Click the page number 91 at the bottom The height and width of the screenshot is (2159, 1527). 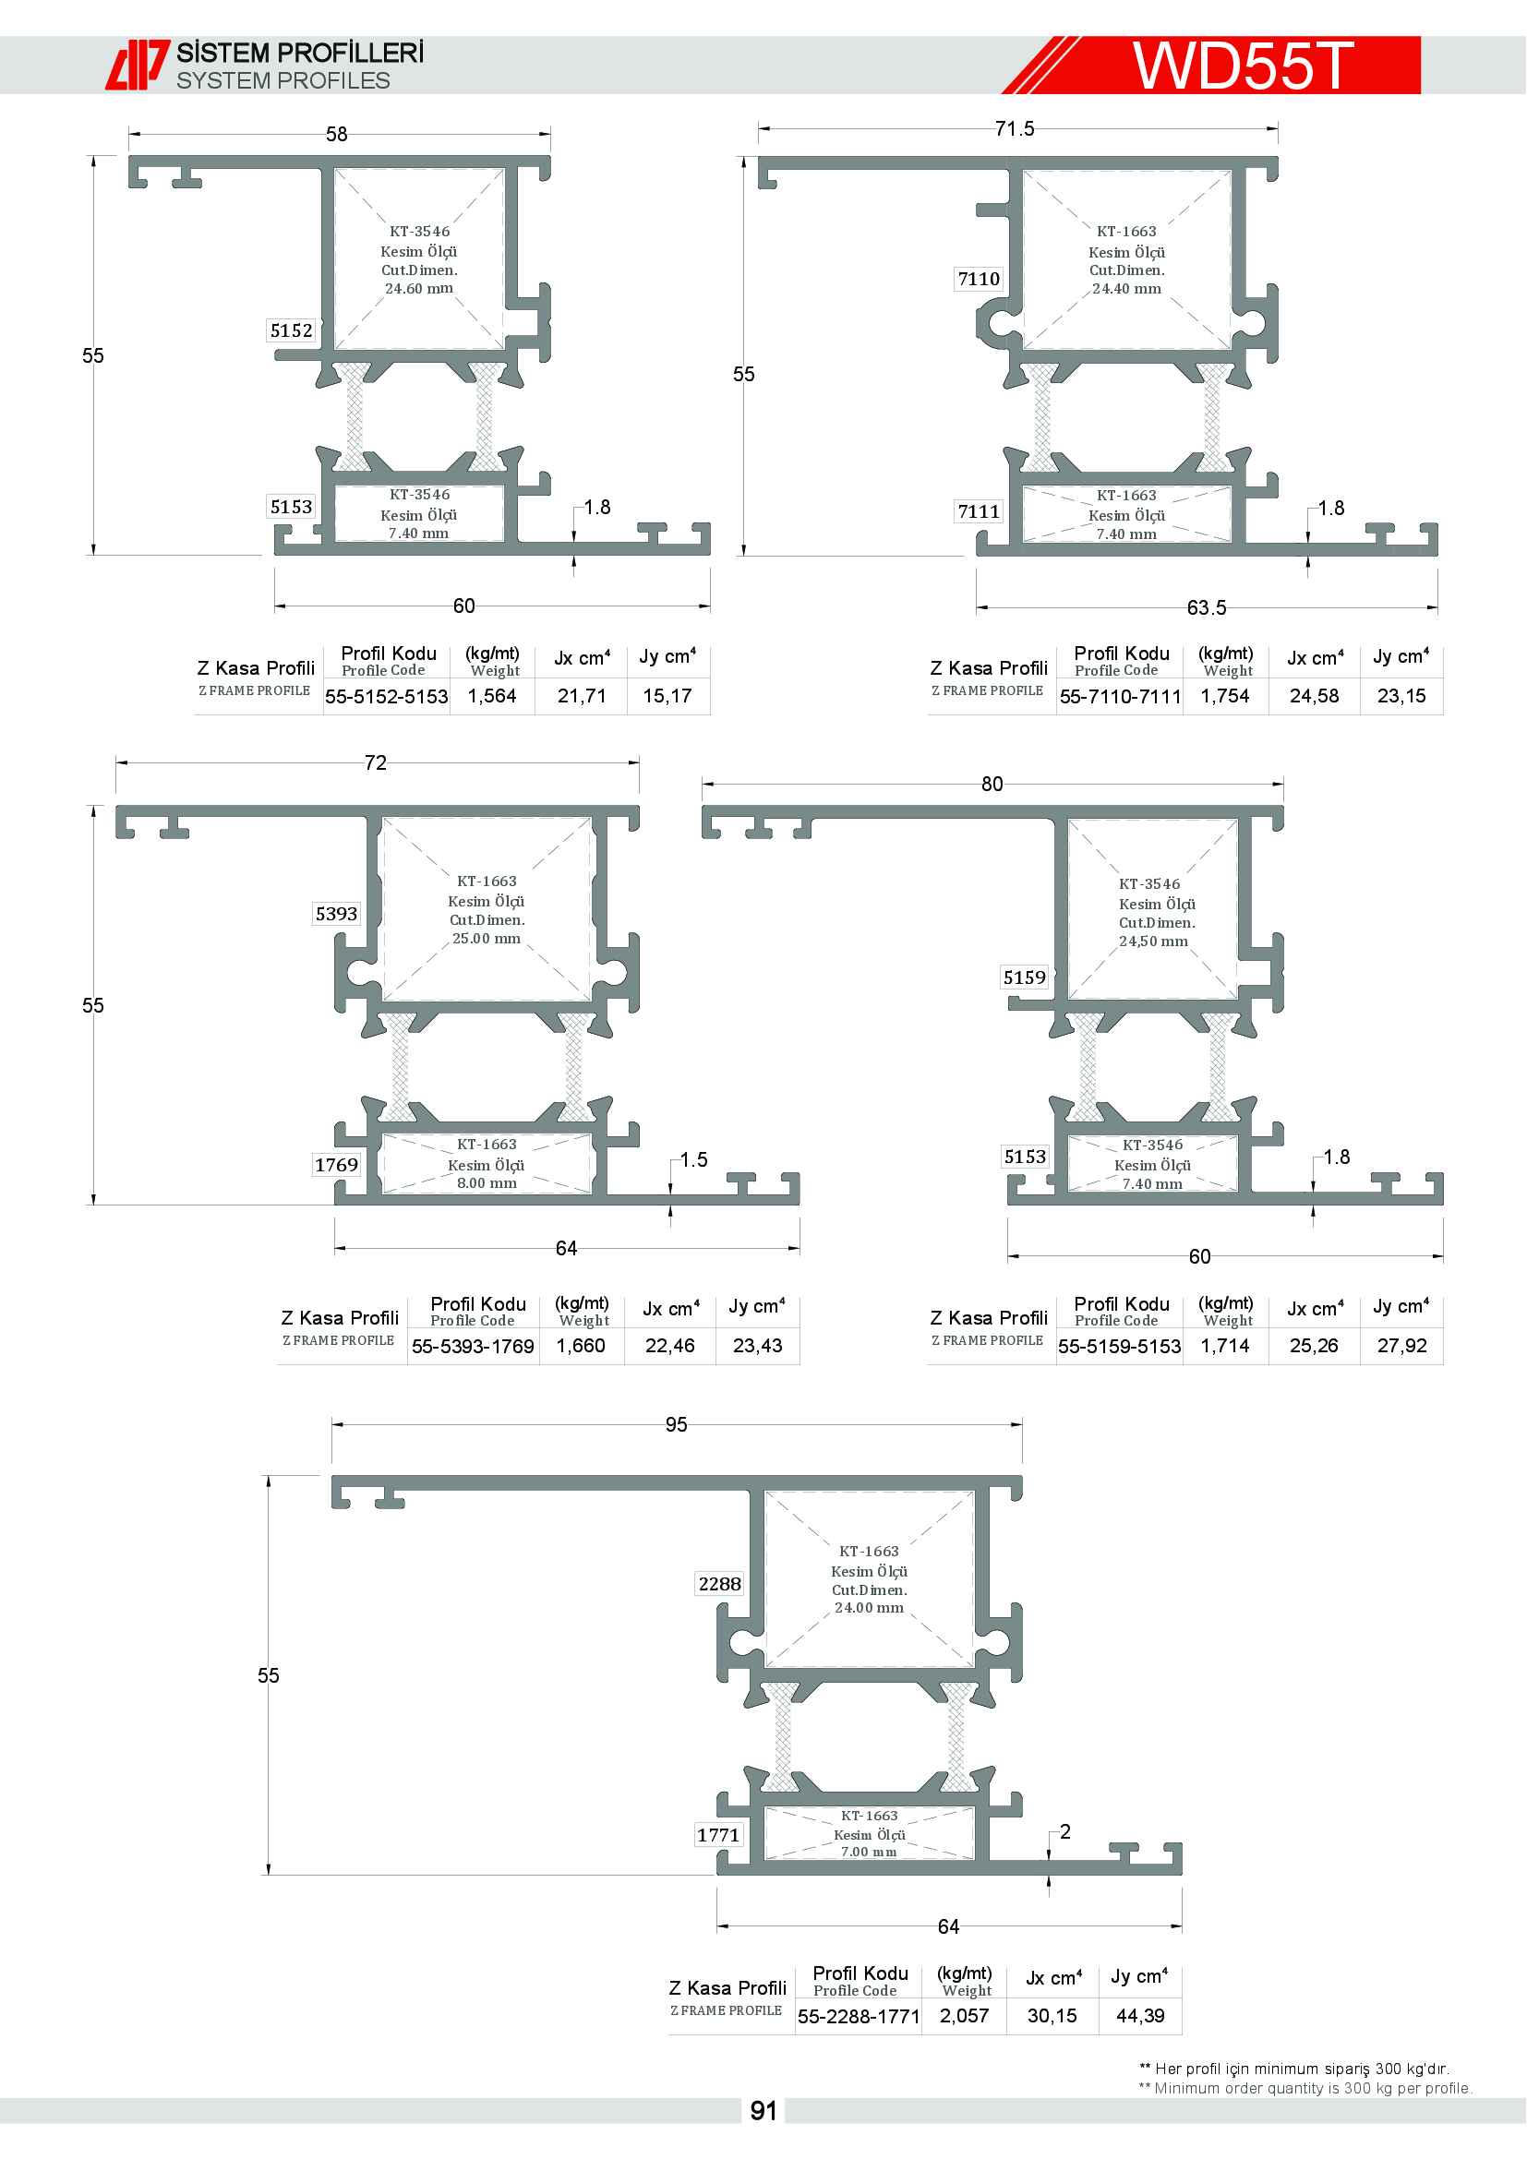(763, 2111)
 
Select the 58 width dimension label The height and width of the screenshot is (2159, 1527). (337, 135)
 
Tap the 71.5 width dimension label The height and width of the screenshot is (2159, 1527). (1015, 129)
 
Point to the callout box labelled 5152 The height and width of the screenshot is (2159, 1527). (292, 331)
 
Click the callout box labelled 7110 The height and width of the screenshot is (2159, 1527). (979, 280)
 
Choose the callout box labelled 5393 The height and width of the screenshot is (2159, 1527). (337, 914)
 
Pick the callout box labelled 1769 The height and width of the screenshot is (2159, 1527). (337, 1165)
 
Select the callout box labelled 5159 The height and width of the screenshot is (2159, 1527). (1024, 978)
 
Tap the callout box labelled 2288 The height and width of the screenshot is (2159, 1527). (720, 1585)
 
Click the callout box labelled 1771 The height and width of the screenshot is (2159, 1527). (718, 1836)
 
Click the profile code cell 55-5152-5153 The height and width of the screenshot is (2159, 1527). (387, 697)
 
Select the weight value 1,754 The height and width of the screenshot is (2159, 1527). (1225, 697)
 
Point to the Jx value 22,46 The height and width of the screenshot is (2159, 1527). (669, 1347)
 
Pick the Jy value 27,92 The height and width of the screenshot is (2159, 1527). (1402, 1347)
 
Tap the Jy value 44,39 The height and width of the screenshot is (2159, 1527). (1140, 2016)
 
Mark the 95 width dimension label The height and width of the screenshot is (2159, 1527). (676, 1424)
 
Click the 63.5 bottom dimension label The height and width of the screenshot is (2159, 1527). (1207, 608)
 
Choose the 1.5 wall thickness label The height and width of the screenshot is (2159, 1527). (694, 1160)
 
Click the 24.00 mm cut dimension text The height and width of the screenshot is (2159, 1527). (870, 1608)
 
